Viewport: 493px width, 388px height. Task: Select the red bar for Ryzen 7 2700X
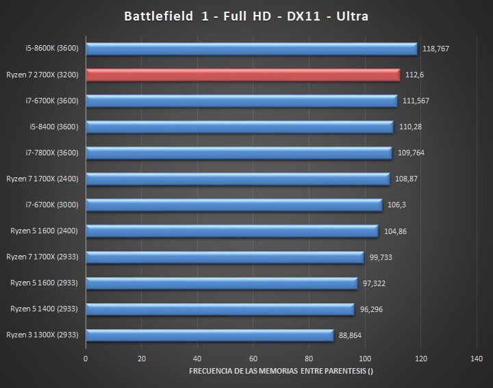[x=243, y=75]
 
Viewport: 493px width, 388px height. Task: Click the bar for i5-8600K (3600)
[x=251, y=49]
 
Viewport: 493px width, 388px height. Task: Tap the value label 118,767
[x=435, y=49]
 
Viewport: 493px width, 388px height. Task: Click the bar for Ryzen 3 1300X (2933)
[x=210, y=335]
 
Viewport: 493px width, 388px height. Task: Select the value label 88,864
[x=351, y=335]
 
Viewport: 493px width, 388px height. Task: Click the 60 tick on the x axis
[x=253, y=359]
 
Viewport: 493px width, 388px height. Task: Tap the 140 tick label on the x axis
[x=477, y=359]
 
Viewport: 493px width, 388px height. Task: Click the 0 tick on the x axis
[x=86, y=359]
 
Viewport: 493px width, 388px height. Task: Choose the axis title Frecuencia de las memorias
[x=281, y=371]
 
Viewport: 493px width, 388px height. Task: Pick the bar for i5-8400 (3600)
[x=240, y=127]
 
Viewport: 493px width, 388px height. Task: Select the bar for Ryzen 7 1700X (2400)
[x=238, y=179]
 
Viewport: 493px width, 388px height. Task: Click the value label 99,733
[x=380, y=257]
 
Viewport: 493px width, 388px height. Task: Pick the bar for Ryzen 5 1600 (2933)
[x=221, y=283]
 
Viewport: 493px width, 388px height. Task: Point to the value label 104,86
[x=395, y=231]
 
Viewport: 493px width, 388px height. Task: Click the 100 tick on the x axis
[x=365, y=359]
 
